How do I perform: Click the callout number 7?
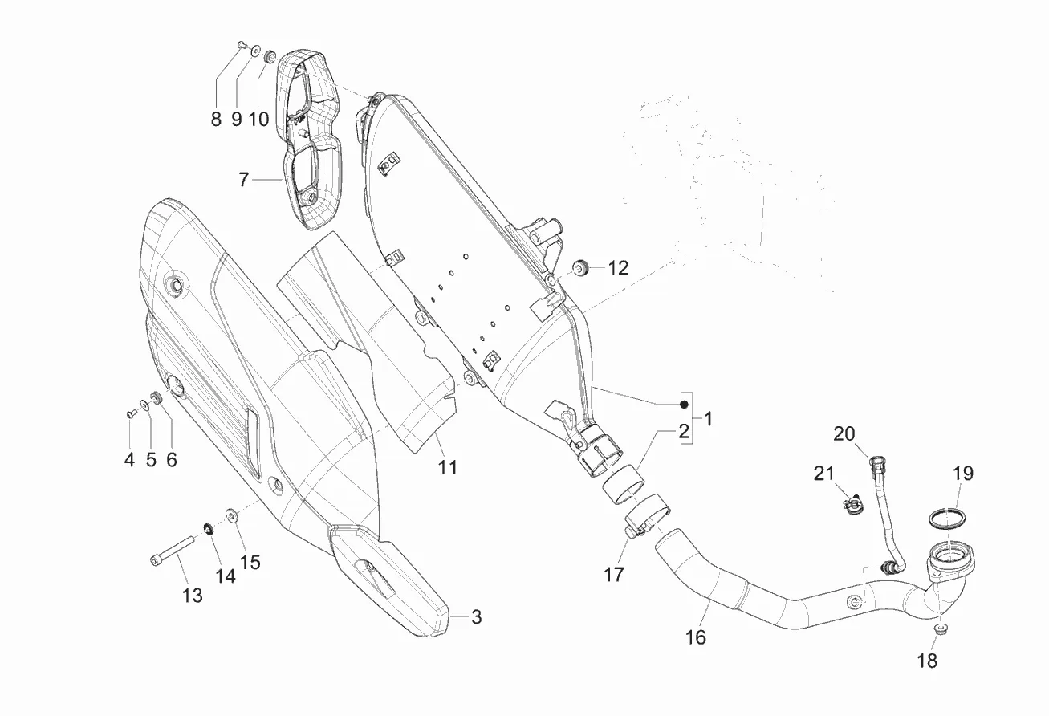click(244, 180)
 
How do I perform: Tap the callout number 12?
click(618, 268)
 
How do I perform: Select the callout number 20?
click(844, 434)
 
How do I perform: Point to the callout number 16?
click(696, 637)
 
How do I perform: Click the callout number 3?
click(476, 617)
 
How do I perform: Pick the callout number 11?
click(447, 466)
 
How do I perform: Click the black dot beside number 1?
click(685, 404)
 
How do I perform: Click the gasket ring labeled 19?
click(948, 517)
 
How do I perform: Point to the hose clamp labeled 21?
click(852, 506)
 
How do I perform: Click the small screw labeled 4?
click(130, 414)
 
